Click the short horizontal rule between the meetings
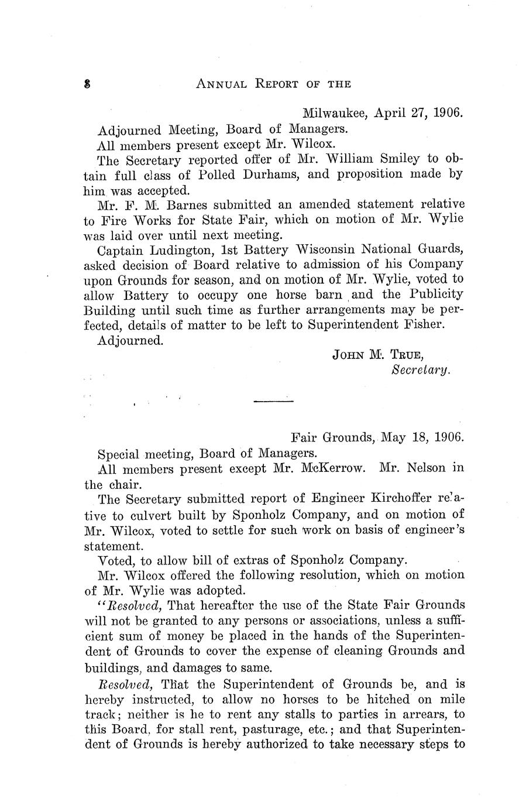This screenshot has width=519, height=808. (x=273, y=401)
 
